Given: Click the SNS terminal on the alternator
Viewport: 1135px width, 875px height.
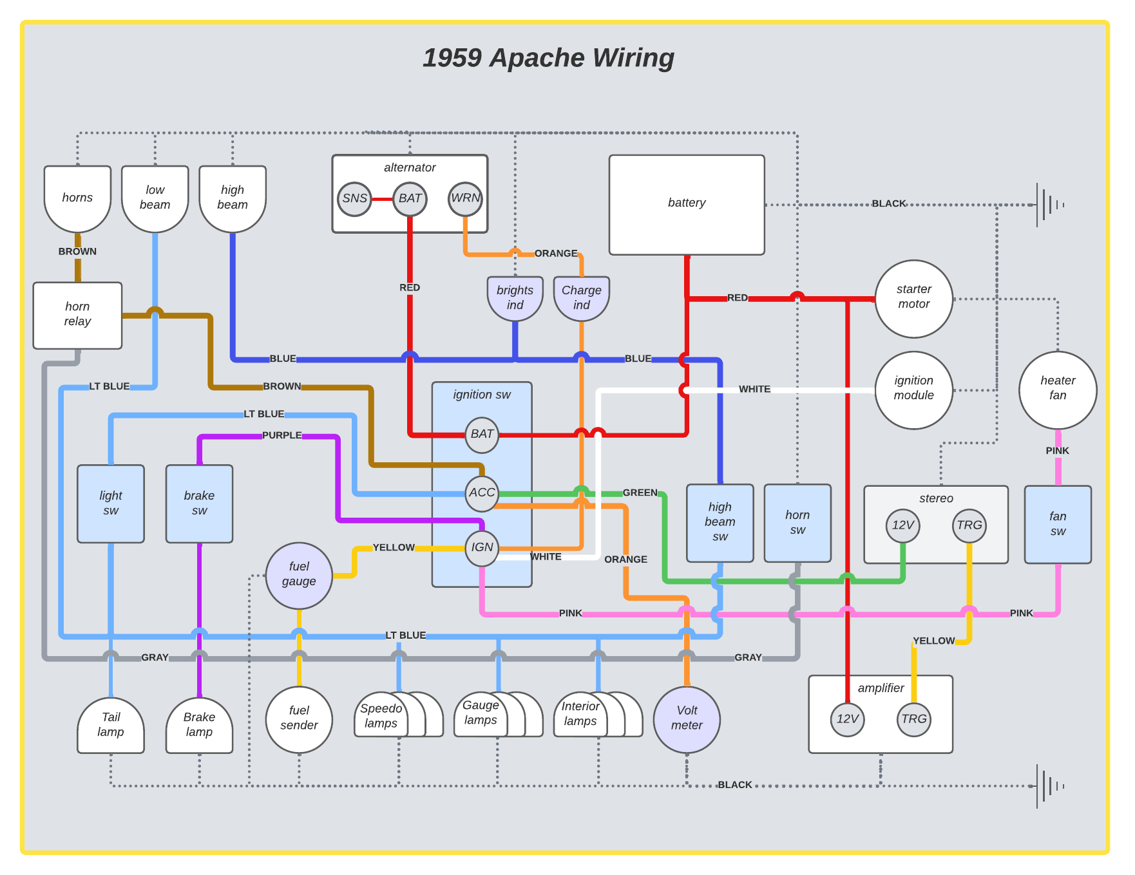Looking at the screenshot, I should coord(354,199).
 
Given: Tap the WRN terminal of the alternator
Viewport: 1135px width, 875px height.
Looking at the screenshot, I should coord(465,198).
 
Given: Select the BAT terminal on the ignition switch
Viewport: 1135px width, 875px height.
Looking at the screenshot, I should coord(482,435).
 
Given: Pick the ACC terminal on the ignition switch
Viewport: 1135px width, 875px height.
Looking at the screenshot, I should coord(482,493).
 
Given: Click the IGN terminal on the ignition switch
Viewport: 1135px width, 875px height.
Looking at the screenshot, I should coord(482,548).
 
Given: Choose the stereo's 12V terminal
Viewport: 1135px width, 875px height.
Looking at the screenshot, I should coord(902,525).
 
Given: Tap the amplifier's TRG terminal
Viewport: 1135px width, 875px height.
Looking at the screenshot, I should coord(913,719).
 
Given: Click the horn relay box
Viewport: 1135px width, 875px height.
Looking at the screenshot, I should coord(77,315).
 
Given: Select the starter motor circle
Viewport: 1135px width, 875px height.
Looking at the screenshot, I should coord(913,298).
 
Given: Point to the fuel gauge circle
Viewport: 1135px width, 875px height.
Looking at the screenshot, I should coord(299,575).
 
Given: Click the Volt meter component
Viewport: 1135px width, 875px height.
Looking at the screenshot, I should coord(687,719).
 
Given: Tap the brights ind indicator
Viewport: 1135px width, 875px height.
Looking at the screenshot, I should coord(515,298).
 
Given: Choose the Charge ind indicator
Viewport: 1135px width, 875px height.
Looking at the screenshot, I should coord(581,298).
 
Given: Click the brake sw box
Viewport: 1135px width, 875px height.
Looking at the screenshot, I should coord(199,503).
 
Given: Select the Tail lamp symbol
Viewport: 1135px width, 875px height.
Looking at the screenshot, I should coord(111,726).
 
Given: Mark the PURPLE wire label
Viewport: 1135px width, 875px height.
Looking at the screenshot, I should coord(281,435).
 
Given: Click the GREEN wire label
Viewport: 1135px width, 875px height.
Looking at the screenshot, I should coord(640,493).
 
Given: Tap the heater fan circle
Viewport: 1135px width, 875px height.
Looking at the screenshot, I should coord(1057,390).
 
